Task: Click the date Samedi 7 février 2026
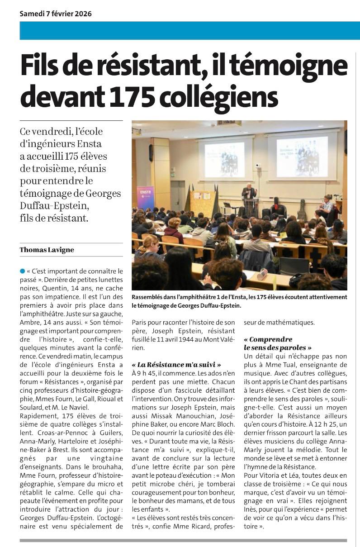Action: point(56,14)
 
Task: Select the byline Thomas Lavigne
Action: point(47,250)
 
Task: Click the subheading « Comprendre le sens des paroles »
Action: point(278,343)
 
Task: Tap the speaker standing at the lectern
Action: point(248,194)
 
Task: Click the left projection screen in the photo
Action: point(224,159)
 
